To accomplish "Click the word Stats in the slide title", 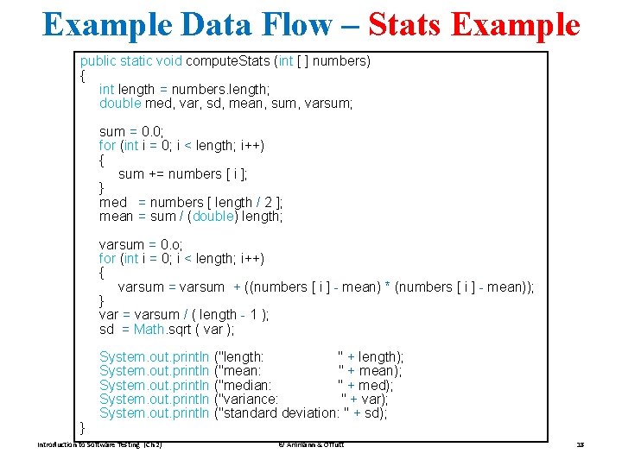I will (404, 24).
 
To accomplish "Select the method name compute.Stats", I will (225, 61).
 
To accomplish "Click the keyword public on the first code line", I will (98, 61).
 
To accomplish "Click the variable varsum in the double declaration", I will (330, 104).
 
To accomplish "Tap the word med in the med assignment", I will (113, 202).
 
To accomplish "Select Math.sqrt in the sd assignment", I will (158, 329).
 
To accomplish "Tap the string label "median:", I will (246, 385).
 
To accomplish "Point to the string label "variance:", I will (250, 399).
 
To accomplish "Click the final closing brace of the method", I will (83, 427).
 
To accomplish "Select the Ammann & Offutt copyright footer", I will (310, 445).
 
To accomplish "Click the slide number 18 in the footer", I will (580, 445).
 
